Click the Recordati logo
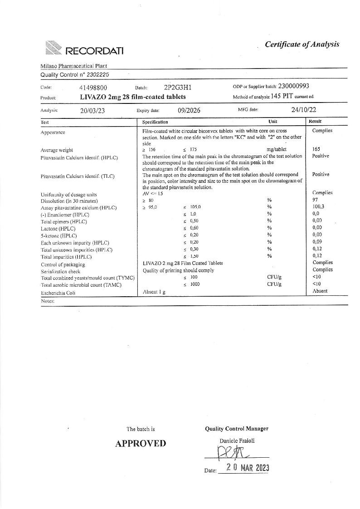(84, 49)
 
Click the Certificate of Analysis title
(302, 44)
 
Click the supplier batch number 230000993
(294, 86)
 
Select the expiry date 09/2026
(189, 110)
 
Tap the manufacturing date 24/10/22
(304, 109)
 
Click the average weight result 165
(316, 149)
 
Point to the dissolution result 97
(315, 200)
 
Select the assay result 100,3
(318, 206)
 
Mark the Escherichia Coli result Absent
(320, 291)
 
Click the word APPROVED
(141, 443)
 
